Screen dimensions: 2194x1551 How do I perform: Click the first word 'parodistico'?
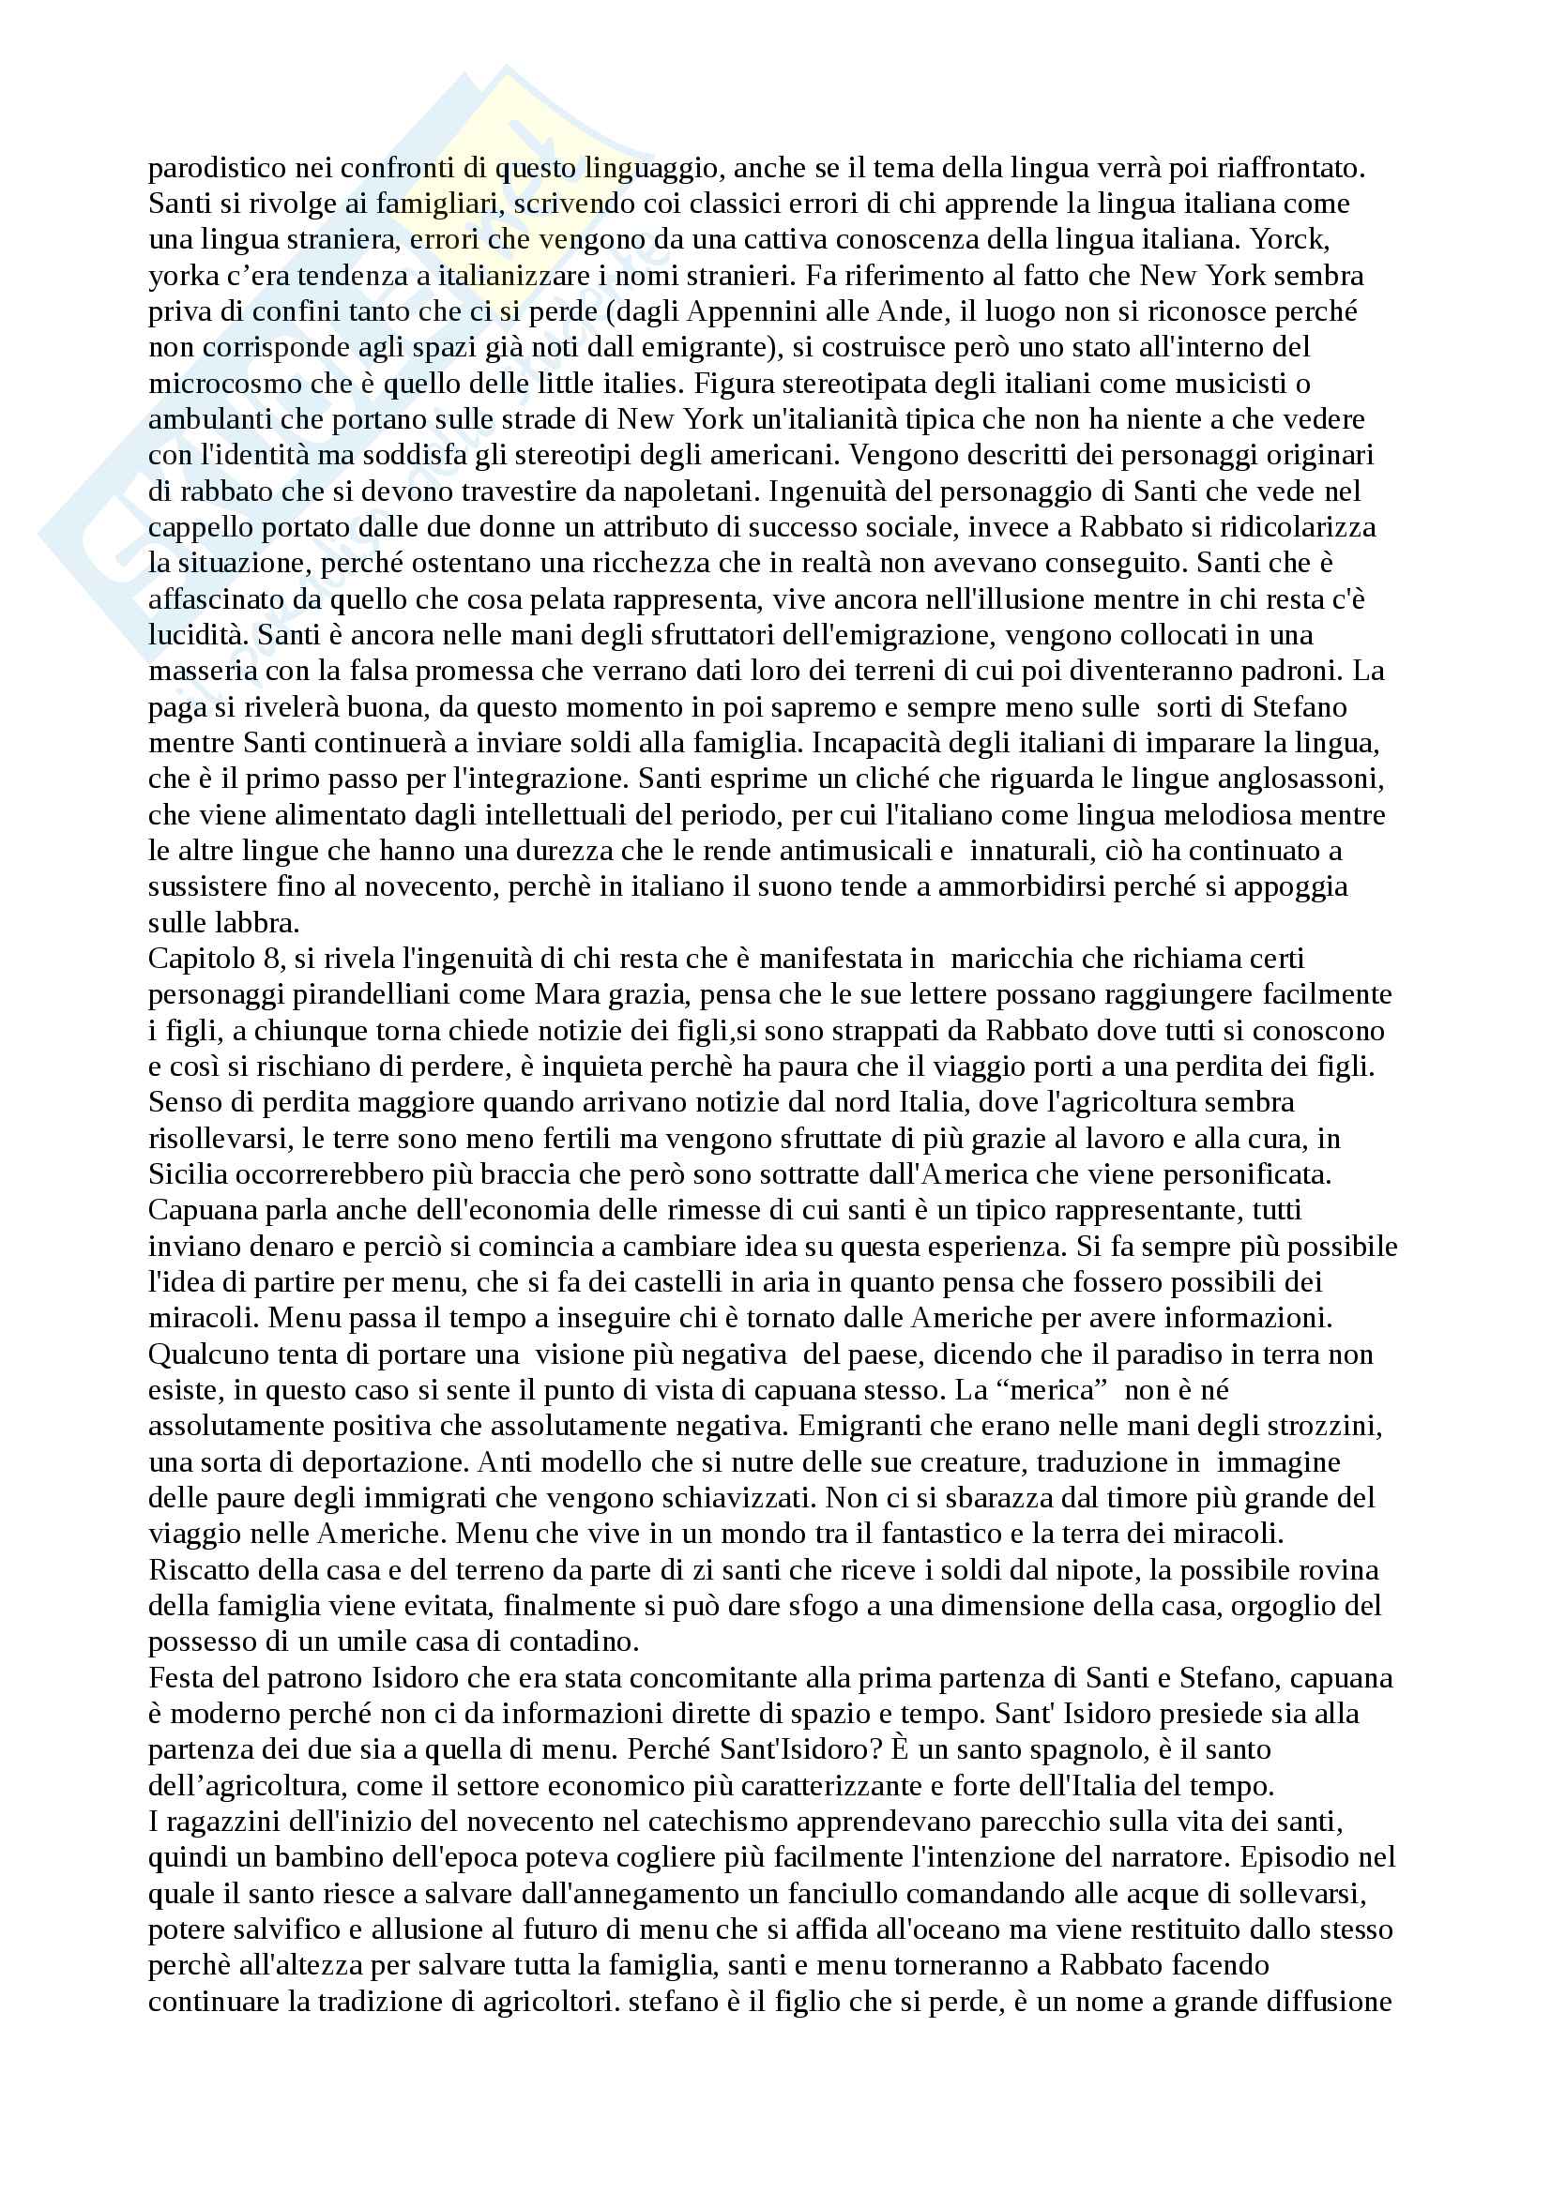[x=204, y=168]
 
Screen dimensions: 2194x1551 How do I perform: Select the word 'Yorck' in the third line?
[x=1333, y=240]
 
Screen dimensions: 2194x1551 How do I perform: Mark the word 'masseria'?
[x=190, y=671]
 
